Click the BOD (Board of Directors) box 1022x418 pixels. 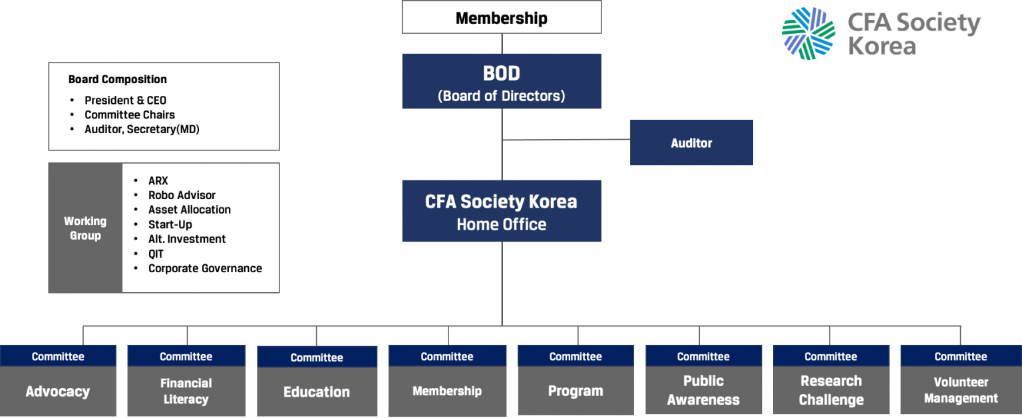point(501,81)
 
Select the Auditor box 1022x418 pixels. point(691,142)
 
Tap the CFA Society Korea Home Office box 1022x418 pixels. point(501,211)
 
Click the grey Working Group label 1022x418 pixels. point(85,228)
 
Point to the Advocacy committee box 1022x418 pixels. point(58,391)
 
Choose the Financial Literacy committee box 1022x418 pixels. point(186,391)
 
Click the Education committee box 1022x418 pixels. point(317,391)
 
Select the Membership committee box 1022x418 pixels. point(447,391)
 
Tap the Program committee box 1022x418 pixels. point(576,391)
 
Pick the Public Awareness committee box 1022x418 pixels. point(703,390)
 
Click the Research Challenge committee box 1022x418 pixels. point(831,390)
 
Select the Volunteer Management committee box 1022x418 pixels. point(961,390)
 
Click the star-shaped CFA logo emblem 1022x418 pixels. point(808,33)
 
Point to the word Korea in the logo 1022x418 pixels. point(882,46)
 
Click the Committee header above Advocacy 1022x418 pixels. point(58,356)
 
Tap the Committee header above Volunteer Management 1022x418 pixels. point(961,356)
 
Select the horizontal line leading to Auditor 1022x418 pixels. point(566,140)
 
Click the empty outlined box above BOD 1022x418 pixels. point(501,17)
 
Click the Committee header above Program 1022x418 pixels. point(576,356)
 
